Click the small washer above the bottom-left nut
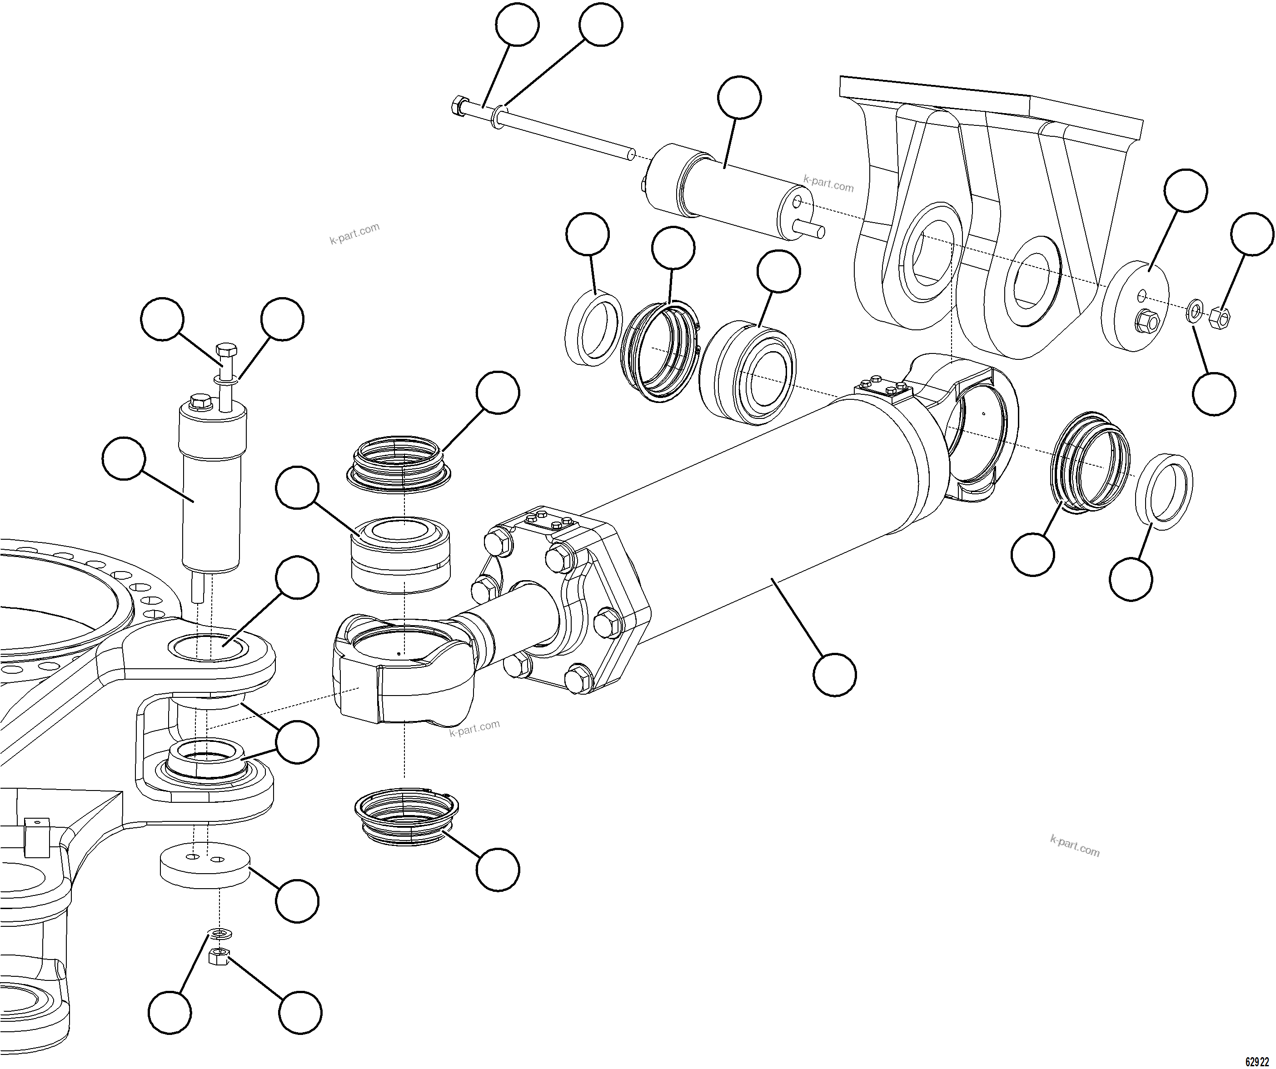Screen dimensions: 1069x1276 (217, 931)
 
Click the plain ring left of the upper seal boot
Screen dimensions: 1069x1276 (593, 328)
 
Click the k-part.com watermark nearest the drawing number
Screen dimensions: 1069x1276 (1074, 845)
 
